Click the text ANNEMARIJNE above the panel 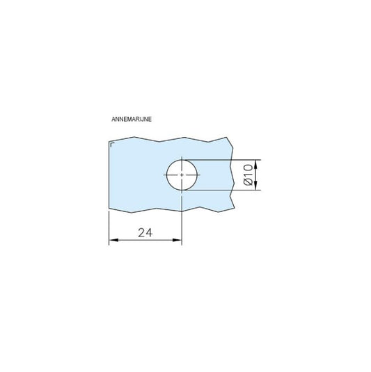point(132,119)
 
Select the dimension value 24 point(145,233)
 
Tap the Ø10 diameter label point(248,175)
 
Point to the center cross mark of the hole point(182,175)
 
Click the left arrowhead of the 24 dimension point(113,240)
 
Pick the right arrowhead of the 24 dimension point(177,240)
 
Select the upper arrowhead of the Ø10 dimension point(256,164)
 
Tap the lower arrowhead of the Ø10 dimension point(256,186)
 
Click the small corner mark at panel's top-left point(112,143)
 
